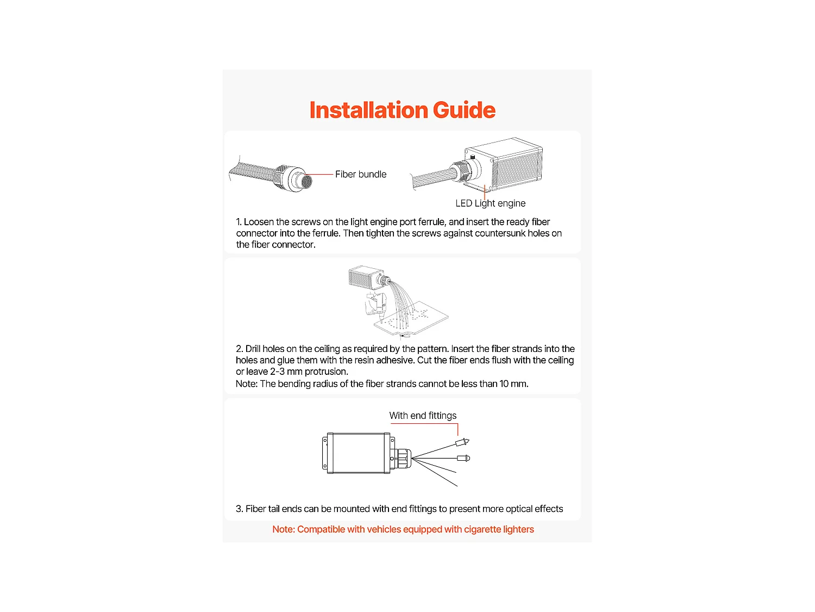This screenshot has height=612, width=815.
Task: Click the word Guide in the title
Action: click(x=464, y=110)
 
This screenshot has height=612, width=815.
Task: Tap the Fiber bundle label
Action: click(x=361, y=174)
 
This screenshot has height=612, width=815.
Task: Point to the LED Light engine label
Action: click(x=491, y=203)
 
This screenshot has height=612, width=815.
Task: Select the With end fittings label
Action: click(x=423, y=416)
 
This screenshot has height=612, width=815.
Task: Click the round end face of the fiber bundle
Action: click(x=306, y=181)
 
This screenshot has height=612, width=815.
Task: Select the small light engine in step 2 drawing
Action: click(x=366, y=277)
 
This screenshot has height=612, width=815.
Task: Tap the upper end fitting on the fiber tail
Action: click(x=462, y=442)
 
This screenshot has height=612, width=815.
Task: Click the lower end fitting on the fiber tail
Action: click(x=463, y=458)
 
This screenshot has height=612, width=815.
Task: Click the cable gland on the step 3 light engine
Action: click(x=403, y=459)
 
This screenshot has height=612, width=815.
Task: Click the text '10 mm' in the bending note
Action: click(x=513, y=384)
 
